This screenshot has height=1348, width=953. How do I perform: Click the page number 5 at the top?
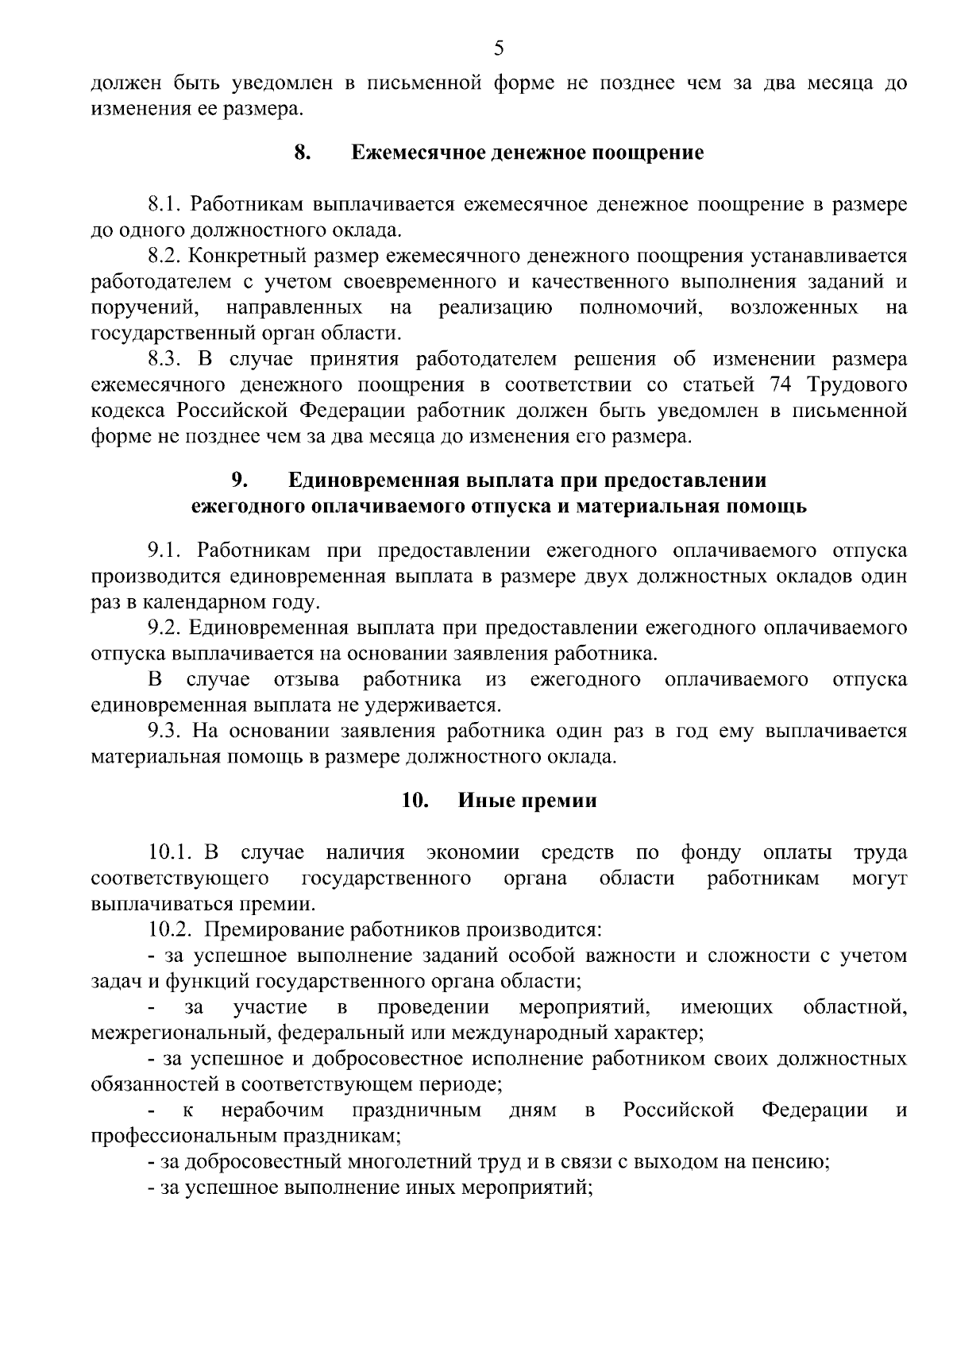tap(499, 49)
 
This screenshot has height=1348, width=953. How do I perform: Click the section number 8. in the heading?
tap(301, 153)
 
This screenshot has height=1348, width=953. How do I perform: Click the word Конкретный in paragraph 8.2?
tap(252, 256)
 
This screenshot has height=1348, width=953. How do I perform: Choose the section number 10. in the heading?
tap(415, 801)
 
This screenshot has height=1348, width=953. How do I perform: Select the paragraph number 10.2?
tap(170, 929)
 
